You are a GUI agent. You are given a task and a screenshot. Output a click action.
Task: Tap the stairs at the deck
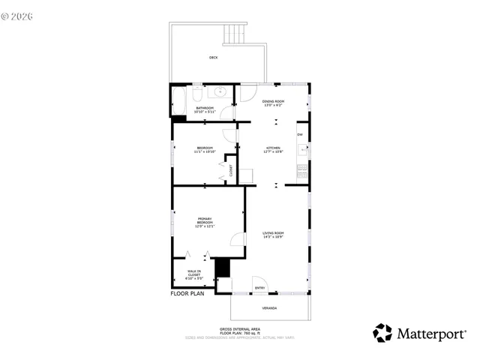click(x=235, y=34)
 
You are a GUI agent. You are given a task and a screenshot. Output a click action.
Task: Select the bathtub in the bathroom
click(x=179, y=100)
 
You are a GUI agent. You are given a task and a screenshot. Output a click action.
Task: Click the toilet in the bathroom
click(x=196, y=93)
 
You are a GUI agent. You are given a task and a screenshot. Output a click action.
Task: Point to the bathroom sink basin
click(x=220, y=92)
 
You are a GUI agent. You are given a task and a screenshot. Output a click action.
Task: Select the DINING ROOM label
click(x=273, y=103)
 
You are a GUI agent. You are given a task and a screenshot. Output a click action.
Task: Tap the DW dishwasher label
click(x=300, y=135)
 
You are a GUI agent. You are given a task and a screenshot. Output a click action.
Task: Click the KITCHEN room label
click(x=273, y=149)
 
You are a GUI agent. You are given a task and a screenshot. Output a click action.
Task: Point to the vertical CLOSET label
click(x=231, y=170)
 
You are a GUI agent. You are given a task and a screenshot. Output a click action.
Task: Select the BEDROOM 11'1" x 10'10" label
click(x=205, y=149)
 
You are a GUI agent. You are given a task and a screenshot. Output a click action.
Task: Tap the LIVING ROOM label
click(x=273, y=235)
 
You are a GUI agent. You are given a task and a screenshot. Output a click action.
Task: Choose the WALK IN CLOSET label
click(x=193, y=274)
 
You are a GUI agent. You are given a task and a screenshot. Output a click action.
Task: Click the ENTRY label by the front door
click(x=259, y=288)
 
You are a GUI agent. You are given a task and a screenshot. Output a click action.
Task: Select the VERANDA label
click(x=268, y=308)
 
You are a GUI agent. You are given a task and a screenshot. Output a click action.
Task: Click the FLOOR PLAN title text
click(x=187, y=294)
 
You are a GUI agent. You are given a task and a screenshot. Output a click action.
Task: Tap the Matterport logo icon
click(x=382, y=332)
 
